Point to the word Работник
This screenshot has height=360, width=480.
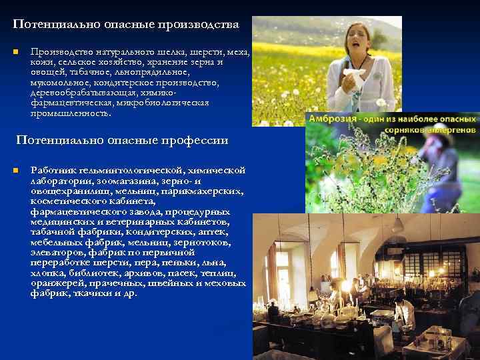pos(53,170)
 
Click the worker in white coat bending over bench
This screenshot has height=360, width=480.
pos(402,314)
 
